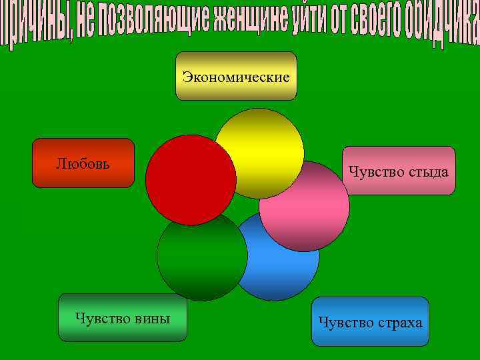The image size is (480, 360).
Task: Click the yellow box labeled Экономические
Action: pos(236,76)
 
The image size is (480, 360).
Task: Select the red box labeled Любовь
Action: pos(83,163)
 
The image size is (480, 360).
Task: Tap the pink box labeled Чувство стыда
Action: pos(399,171)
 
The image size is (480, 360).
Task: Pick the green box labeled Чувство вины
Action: pos(123,317)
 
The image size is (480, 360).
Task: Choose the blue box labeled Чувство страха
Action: pos(370,322)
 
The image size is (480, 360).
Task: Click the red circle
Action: pos(191,180)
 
